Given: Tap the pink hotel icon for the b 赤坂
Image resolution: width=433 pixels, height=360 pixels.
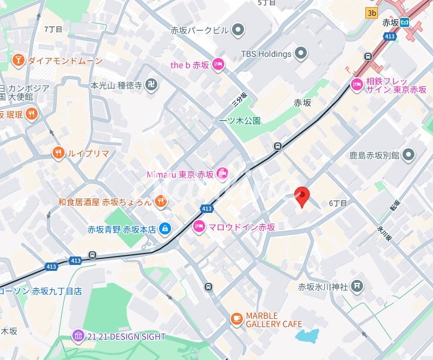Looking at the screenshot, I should pyautogui.click(x=218, y=65).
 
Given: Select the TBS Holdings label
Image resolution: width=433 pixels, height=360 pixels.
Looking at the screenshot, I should pyautogui.click(x=266, y=54).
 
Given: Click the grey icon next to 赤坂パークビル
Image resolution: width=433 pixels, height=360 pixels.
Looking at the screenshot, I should pyautogui.click(x=238, y=29).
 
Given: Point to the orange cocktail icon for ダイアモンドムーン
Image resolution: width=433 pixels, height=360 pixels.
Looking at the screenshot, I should pyautogui.click(x=19, y=60).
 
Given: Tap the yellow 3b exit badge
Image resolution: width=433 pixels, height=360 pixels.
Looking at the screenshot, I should pyautogui.click(x=372, y=13).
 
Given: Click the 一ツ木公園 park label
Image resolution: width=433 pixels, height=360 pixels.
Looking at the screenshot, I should pyautogui.click(x=240, y=120).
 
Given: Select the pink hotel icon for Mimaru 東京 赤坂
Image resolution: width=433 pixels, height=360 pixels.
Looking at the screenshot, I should pyautogui.click(x=222, y=174).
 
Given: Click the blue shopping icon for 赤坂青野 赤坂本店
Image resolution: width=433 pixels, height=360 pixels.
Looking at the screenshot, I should pyautogui.click(x=165, y=228).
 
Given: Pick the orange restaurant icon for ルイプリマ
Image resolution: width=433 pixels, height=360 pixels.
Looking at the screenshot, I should pyautogui.click(x=58, y=152).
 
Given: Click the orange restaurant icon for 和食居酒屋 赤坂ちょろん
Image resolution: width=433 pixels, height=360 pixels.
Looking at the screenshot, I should pyautogui.click(x=160, y=202).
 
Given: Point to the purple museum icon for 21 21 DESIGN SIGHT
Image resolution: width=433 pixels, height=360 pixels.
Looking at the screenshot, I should pyautogui.click(x=78, y=337).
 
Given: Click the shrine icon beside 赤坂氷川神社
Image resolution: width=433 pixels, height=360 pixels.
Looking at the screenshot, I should pyautogui.click(x=357, y=286).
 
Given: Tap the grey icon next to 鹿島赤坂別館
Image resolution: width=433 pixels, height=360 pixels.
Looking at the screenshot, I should pyautogui.click(x=408, y=155).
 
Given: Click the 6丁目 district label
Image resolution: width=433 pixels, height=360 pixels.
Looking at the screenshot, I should pyautogui.click(x=338, y=203).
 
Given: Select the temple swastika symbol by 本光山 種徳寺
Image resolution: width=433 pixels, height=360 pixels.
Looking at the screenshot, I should pyautogui.click(x=153, y=86).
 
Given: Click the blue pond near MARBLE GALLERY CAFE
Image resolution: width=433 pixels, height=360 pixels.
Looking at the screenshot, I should pyautogui.click(x=307, y=335).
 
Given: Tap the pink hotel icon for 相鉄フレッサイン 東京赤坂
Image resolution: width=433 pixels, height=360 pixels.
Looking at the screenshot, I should pyautogui.click(x=357, y=84).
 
